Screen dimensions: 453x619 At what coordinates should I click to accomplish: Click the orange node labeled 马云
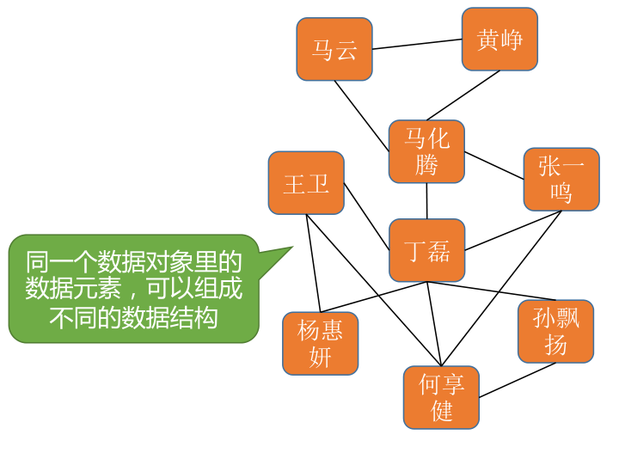tap(334, 50)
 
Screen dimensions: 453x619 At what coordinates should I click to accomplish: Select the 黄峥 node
tap(499, 40)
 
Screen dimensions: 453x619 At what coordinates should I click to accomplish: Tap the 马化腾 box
tap(426, 151)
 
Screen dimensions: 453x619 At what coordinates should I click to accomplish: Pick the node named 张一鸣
tap(561, 179)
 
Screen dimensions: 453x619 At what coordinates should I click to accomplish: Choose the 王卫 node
tap(306, 183)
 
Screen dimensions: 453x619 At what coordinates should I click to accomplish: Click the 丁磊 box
tap(426, 250)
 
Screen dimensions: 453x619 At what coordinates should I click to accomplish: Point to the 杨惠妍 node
tap(320, 343)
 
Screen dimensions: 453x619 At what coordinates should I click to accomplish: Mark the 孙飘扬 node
tap(555, 331)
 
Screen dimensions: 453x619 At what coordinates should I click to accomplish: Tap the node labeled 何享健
tap(441, 397)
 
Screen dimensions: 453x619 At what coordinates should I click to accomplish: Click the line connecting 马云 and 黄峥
tap(417, 45)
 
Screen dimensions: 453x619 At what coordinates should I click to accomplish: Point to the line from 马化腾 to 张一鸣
tap(494, 166)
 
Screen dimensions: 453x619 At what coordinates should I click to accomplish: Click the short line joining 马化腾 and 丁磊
tap(426, 201)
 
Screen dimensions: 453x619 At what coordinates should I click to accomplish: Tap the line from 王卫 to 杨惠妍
tap(314, 262)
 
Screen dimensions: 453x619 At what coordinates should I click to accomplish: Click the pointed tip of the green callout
tap(291, 248)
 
